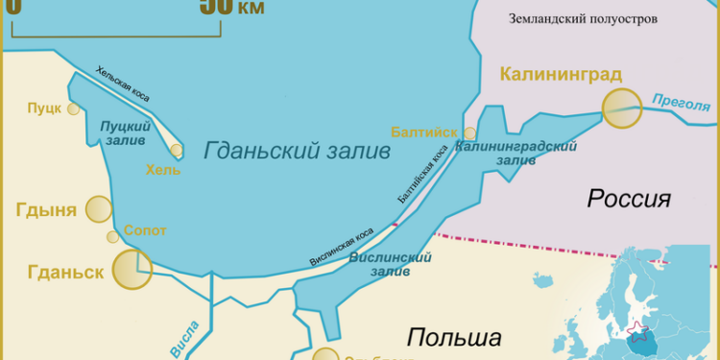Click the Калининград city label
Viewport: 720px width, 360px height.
point(561,74)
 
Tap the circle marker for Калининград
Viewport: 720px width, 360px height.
point(621,108)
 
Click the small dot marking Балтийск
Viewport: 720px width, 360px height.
point(469,134)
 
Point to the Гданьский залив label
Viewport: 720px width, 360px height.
point(297,151)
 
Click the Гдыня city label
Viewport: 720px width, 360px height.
point(46,210)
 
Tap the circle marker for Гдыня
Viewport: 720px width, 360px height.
point(99,209)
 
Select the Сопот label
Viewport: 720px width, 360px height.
point(145,231)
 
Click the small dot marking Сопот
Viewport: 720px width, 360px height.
point(113,236)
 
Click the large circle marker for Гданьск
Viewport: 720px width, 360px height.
point(132,269)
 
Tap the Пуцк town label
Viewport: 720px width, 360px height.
point(44,108)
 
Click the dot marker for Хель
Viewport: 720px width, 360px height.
point(177,150)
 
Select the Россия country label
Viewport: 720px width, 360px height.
point(628,200)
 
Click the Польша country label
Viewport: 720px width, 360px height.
point(454,338)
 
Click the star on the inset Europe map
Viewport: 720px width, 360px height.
point(634,331)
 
